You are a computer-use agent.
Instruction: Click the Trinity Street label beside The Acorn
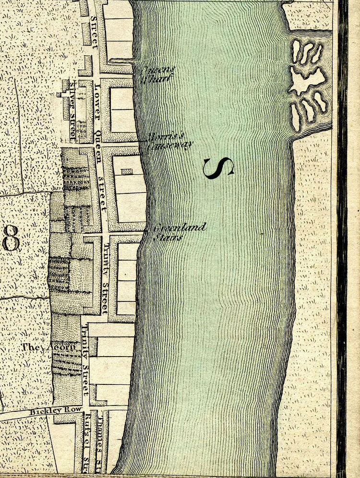pyautogui.click(x=86, y=360)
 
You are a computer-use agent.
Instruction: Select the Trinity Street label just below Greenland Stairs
pyautogui.click(x=105, y=279)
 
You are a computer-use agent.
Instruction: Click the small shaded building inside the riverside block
pyautogui.click(x=126, y=171)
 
